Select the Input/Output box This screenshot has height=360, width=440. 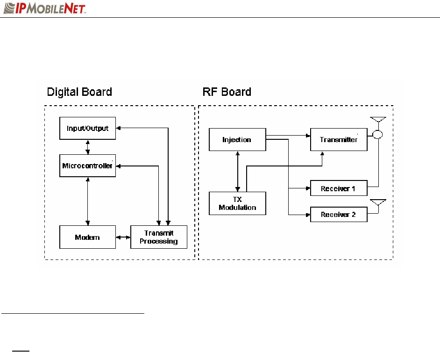point(87,128)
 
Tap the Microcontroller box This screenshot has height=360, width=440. point(87,166)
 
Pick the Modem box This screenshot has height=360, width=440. point(87,237)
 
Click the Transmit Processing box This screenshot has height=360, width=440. point(158,237)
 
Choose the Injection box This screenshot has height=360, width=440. point(237,139)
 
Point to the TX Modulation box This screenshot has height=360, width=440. point(237,203)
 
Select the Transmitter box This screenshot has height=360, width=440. point(339,139)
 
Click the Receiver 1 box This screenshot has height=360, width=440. point(339,188)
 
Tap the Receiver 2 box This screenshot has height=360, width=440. point(339,214)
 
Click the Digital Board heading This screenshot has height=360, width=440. point(80,92)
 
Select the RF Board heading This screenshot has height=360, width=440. point(227,92)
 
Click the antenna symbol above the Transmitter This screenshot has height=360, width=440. point(378,121)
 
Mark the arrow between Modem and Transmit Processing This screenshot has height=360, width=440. point(123,237)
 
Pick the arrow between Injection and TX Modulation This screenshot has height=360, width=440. point(239,171)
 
